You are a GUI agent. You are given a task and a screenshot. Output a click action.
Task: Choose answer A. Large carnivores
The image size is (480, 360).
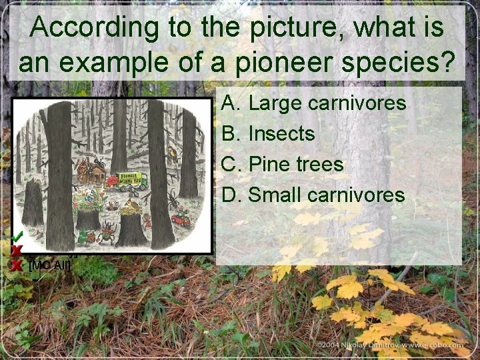click(x=313, y=103)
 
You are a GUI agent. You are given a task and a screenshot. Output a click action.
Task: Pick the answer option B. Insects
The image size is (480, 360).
click(x=268, y=133)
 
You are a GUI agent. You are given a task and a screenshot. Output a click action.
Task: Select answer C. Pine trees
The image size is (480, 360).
click(x=283, y=164)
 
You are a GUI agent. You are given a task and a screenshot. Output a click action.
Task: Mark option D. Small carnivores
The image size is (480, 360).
click(x=313, y=195)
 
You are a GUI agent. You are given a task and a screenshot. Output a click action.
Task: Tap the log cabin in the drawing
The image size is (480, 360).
click(x=91, y=173)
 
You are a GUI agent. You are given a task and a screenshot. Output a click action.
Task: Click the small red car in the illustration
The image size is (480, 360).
click(x=180, y=218)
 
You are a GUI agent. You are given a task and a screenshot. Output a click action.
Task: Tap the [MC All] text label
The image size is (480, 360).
click(x=50, y=265)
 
